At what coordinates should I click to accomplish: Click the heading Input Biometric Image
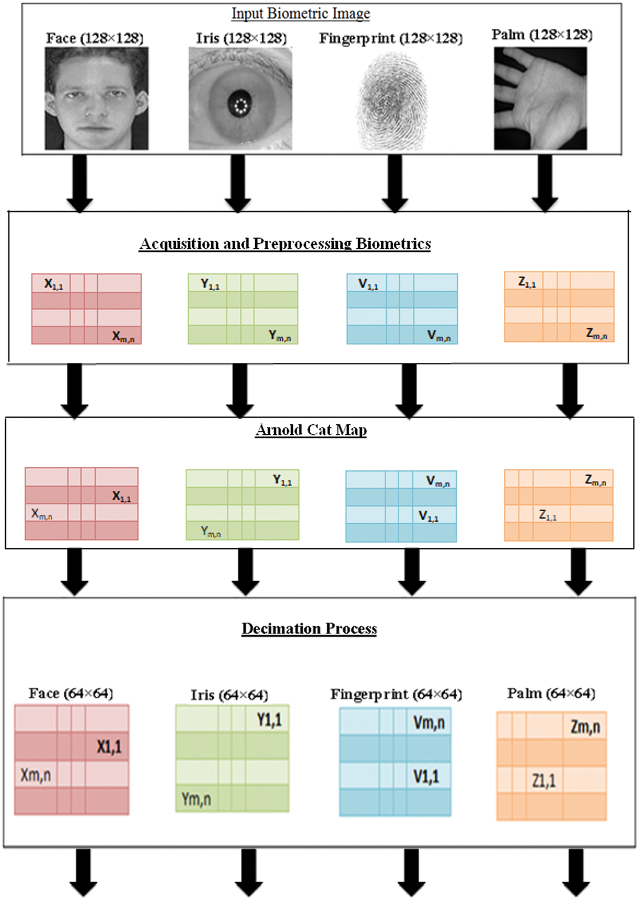(x=301, y=13)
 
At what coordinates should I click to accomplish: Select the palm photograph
(x=540, y=98)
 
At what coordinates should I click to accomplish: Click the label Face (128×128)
(x=95, y=38)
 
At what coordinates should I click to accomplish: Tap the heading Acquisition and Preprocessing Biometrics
(x=285, y=244)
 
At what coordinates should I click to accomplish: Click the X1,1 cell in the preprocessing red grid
(x=52, y=284)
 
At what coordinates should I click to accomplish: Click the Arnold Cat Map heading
(x=311, y=430)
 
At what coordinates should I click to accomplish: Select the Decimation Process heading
(x=309, y=629)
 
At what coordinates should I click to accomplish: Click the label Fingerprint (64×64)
(x=396, y=695)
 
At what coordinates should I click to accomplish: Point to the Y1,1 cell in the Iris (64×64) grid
(x=268, y=720)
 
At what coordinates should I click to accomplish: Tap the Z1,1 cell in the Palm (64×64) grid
(x=544, y=780)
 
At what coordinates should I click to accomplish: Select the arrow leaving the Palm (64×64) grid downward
(x=576, y=872)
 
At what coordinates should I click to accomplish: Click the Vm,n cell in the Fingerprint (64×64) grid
(x=428, y=722)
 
